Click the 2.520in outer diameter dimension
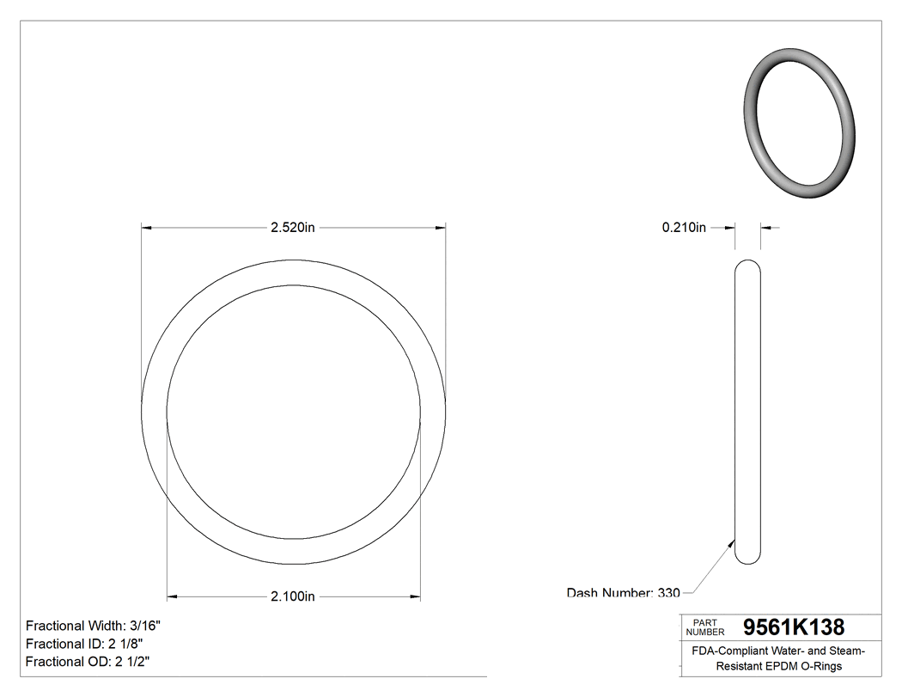coord(293,228)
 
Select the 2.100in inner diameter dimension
coord(293,596)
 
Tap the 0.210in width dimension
coord(684,228)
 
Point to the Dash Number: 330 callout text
coord(623,592)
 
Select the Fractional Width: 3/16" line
coord(93,627)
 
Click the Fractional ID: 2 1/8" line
coord(84,644)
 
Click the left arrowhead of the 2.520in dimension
coord(147,228)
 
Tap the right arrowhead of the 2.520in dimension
coord(441,228)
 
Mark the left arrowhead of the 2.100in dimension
coord(172,596)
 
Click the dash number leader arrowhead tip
coord(733,541)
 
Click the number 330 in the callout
coord(669,592)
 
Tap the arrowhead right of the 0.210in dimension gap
coord(765,228)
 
